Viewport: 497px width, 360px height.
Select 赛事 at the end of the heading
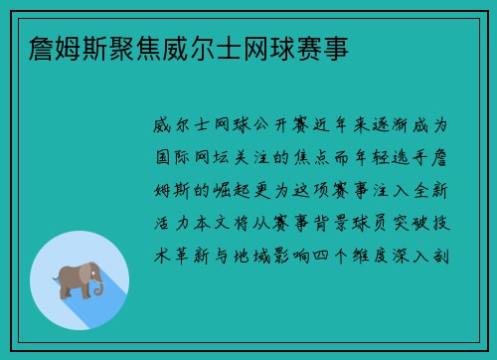[324, 47]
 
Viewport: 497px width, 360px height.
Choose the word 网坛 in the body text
[212, 156]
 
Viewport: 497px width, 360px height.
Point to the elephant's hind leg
[65, 290]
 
